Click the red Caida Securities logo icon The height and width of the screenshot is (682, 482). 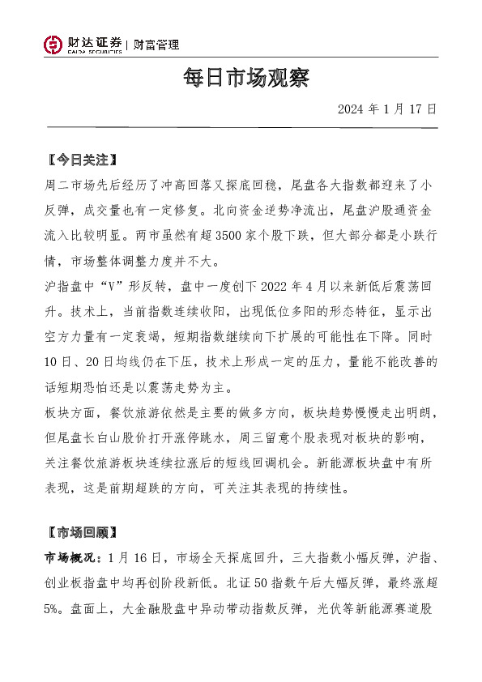[53, 45]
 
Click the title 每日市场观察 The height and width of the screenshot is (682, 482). [241, 79]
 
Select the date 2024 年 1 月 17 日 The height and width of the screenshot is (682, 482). [387, 109]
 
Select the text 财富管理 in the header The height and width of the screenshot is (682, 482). [156, 45]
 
